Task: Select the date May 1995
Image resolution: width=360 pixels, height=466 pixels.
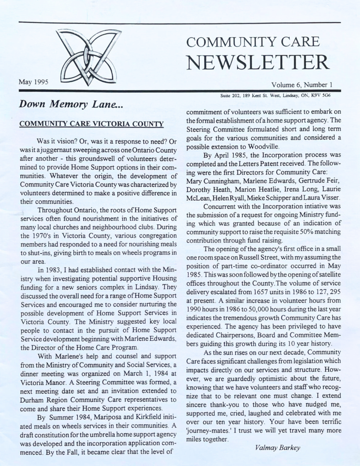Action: tap(34, 82)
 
